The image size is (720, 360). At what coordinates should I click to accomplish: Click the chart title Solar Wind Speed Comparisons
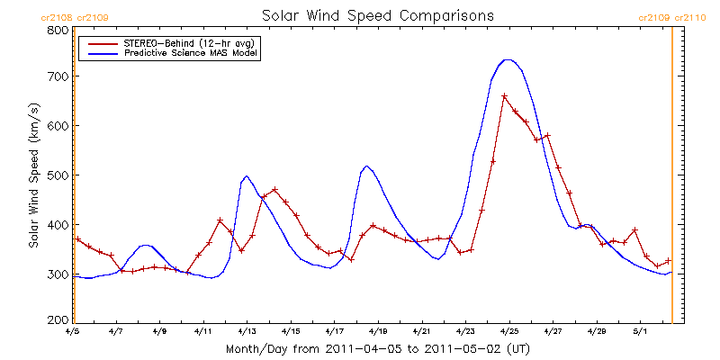[x=377, y=16]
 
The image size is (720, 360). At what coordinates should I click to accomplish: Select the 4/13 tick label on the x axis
[x=247, y=331]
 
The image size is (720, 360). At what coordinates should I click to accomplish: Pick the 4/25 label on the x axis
[x=508, y=331]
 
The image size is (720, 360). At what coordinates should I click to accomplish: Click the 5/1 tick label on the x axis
[x=640, y=331]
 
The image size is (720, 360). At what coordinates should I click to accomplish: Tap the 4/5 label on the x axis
[x=73, y=331]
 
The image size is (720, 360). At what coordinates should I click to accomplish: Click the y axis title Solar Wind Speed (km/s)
[x=33, y=175]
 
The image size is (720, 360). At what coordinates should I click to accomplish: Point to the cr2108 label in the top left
[x=55, y=17]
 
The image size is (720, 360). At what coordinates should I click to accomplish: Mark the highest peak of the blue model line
[x=508, y=59]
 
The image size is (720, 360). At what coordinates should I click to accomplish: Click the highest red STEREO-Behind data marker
[x=504, y=95]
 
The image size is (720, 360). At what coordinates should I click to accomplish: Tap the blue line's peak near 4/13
[x=247, y=176]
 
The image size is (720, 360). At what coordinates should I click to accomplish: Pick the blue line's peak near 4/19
[x=366, y=166]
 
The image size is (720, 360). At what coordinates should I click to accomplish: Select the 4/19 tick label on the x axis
[x=378, y=331]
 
